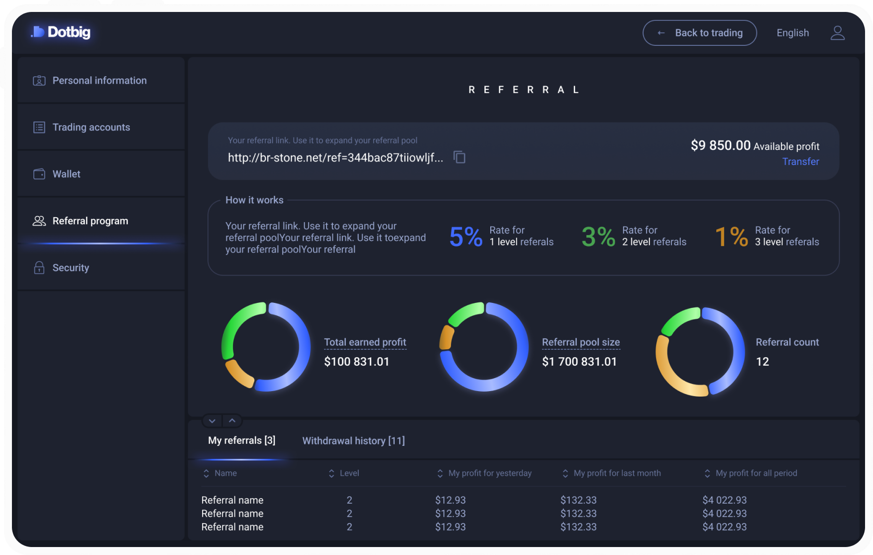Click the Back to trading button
699,33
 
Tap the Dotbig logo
61,32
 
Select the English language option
792,33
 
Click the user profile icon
838,33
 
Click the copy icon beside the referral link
459,157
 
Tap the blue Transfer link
800,161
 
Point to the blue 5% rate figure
466,237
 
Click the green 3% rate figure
598,237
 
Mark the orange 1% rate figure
731,237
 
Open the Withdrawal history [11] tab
353,441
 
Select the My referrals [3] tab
241,440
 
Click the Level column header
344,473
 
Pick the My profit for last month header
612,473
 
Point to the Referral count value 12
763,362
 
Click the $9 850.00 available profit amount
720,145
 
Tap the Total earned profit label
365,342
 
